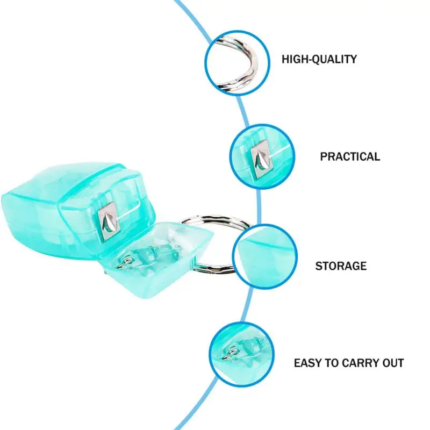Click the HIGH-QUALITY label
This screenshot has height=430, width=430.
319,59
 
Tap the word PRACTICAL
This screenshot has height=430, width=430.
350,157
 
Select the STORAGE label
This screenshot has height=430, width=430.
341,266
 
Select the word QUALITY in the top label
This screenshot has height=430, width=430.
335,59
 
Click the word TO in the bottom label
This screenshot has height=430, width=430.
335,363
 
